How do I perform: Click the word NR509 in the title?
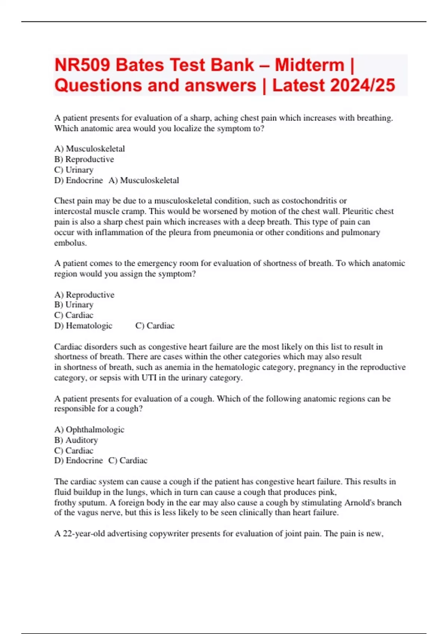coord(82,65)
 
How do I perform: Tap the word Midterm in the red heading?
coord(309,65)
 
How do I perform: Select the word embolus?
coord(70,243)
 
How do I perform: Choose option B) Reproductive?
coord(84,159)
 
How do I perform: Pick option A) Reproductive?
coord(84,295)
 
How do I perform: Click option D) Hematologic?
coord(83,326)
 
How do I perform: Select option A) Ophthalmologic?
coord(89,430)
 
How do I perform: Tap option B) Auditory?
coord(76,440)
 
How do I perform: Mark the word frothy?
coord(65,502)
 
